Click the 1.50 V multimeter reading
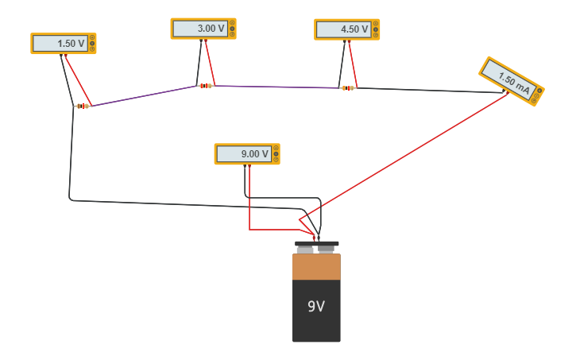click(71, 44)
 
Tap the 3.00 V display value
click(211, 29)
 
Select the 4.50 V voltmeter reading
click(354, 29)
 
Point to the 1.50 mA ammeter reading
click(514, 83)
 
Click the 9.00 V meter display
click(254, 153)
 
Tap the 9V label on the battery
click(316, 306)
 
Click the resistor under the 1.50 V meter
click(83, 106)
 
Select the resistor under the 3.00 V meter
click(206, 86)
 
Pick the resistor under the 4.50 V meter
click(348, 88)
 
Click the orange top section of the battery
click(316, 267)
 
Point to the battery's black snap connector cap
click(316, 243)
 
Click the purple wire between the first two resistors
click(144, 96)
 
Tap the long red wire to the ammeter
click(404, 156)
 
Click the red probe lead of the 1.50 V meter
click(78, 80)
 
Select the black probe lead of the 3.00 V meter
click(199, 62)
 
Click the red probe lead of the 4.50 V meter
click(353, 64)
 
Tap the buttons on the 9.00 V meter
click(276, 153)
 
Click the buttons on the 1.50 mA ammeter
click(537, 95)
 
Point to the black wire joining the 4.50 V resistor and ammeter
click(430, 90)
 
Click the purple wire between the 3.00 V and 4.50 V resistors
click(276, 87)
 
